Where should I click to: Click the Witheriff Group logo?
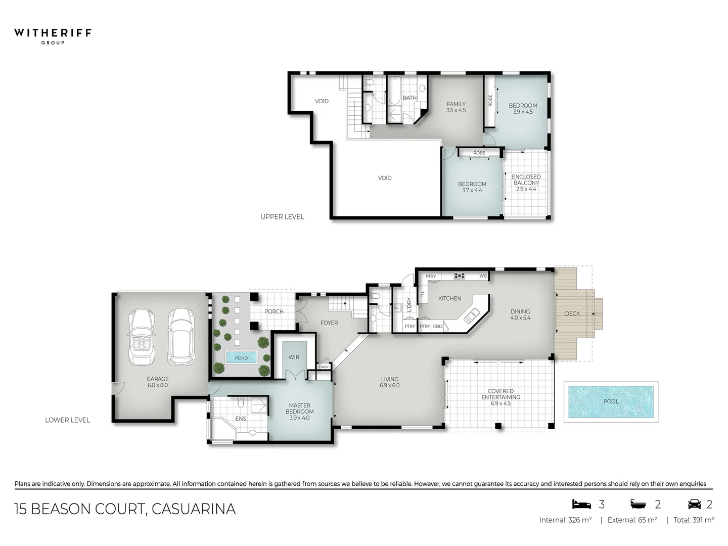53,35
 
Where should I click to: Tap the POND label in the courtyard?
242,358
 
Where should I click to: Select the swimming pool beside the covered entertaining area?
611,401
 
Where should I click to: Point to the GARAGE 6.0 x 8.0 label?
158,382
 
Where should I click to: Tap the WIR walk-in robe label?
294,357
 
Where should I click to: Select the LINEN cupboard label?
324,367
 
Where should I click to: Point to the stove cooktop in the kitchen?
459,276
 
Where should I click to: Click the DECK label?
572,313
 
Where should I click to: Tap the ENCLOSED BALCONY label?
526,183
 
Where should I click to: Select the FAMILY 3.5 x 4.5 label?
456,107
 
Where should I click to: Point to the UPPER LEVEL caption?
282,216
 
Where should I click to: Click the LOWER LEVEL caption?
67,420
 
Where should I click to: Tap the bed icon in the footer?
581,504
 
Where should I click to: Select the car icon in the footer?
695,504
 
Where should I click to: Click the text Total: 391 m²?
694,520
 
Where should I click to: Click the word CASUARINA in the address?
194,509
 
